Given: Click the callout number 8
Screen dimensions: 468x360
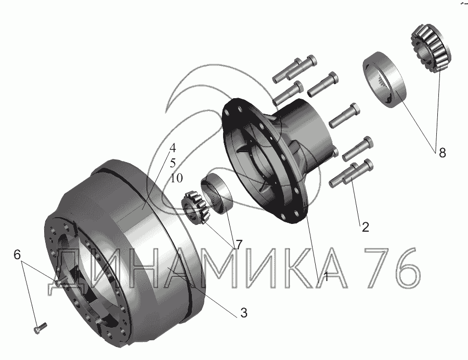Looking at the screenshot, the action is (443, 153).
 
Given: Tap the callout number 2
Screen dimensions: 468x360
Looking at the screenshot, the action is (366, 227).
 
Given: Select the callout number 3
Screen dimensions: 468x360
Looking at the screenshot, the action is (244, 313).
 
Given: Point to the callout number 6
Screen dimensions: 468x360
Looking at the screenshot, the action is (17, 255).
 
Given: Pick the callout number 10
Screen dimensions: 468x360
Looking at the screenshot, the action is (176, 178).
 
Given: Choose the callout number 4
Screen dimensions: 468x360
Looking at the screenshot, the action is (173, 148).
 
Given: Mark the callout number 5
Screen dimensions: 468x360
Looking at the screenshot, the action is (173, 163).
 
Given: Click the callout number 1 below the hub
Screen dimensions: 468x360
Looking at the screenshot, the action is (326, 277).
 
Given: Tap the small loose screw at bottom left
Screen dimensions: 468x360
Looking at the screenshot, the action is (40, 328).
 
